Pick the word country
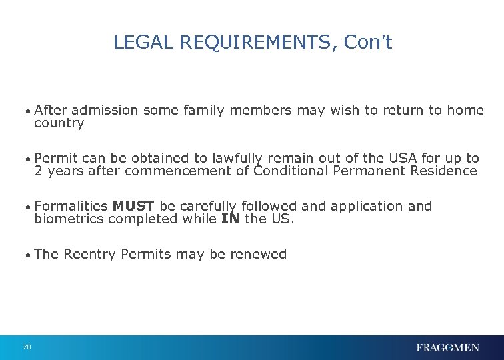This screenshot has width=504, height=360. click(59, 123)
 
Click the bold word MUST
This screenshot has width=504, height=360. click(134, 207)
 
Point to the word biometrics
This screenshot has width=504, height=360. click(69, 219)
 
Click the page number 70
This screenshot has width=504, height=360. click(27, 347)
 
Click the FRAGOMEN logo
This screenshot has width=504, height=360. click(447, 347)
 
